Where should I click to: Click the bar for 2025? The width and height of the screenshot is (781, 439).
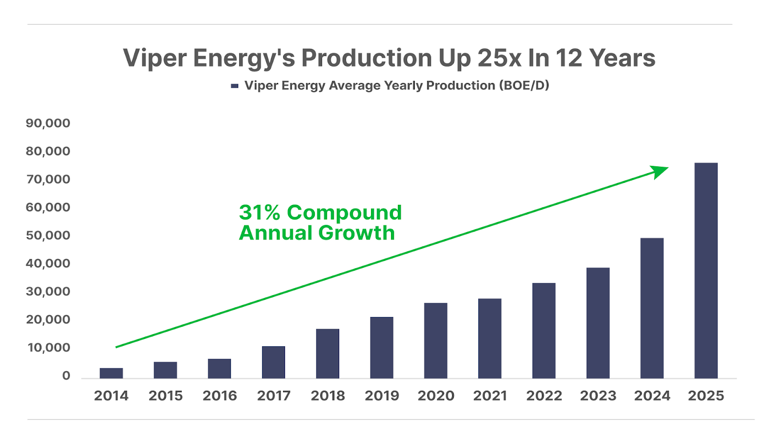[x=706, y=271]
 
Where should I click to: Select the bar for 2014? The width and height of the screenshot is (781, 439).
[x=111, y=373]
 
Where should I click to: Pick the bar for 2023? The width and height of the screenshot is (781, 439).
[x=598, y=323]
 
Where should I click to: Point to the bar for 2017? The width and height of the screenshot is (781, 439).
[x=273, y=362]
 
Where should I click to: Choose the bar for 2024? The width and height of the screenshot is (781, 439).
[x=652, y=308]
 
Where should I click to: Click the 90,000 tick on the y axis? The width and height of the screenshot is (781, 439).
[x=48, y=123]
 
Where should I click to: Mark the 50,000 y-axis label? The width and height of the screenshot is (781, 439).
[x=48, y=235]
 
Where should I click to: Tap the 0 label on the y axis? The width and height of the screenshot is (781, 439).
[x=66, y=376]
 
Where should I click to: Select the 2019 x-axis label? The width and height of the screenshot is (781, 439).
[x=382, y=396]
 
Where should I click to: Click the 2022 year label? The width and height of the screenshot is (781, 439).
[x=544, y=396]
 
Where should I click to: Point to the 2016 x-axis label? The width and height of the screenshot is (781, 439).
[x=220, y=396]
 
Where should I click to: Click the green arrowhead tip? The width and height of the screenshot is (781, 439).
[x=667, y=168]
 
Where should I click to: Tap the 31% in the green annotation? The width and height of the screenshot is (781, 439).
[x=259, y=213]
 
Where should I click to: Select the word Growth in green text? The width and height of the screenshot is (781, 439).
[x=356, y=233]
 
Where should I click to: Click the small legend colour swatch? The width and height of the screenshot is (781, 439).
[x=235, y=86]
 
